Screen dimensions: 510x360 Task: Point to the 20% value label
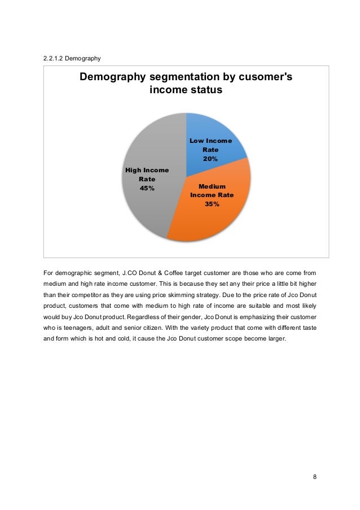tap(210, 159)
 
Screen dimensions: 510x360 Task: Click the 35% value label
tap(212, 204)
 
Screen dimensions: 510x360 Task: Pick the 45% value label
tap(147, 188)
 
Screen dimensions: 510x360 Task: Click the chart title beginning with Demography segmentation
tap(186, 83)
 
